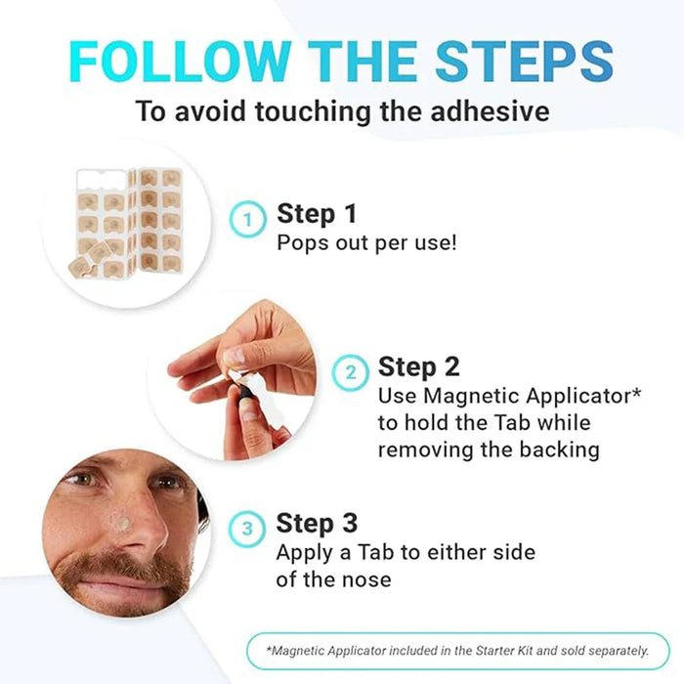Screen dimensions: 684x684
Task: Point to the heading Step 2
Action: [419, 366]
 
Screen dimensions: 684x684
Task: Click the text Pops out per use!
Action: [366, 242]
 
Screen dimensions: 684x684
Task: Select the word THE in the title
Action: [358, 61]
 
